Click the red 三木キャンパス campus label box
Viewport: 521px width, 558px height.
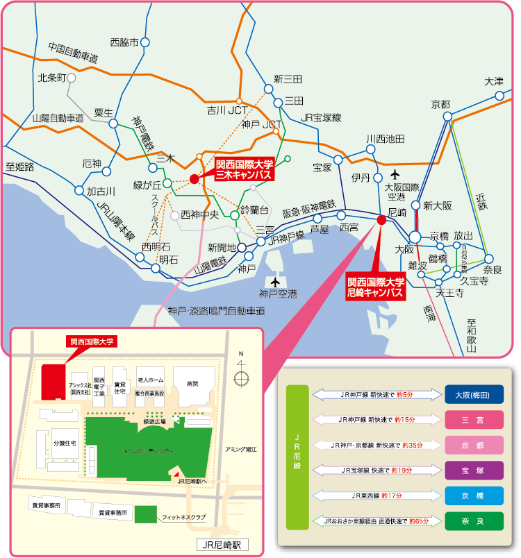[x=244, y=169]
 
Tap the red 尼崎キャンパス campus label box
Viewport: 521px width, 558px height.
[x=375, y=287]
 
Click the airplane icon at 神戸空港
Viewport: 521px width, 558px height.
[x=276, y=282]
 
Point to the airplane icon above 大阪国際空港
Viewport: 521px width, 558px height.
[x=395, y=174]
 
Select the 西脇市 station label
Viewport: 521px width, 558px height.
[x=124, y=42]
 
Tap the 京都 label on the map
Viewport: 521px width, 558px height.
[x=440, y=104]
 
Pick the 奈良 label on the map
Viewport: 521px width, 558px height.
[x=492, y=269]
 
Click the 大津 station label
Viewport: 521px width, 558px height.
[x=494, y=81]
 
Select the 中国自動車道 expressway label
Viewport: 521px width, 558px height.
[x=73, y=53]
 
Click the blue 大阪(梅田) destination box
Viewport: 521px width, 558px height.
[x=474, y=394]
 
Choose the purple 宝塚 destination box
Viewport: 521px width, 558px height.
[x=474, y=469]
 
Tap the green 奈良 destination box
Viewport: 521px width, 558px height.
[x=474, y=519]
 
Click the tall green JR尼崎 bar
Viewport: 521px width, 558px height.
[x=297, y=457]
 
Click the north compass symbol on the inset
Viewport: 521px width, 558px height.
[x=242, y=378]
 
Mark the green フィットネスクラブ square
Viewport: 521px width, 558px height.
[x=145, y=515]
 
